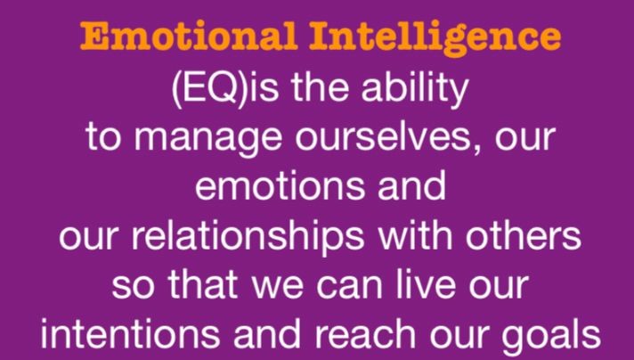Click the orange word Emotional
click(x=190, y=36)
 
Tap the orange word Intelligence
click(x=435, y=39)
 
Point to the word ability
click(x=415, y=89)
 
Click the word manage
click(x=207, y=139)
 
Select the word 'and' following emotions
click(x=411, y=184)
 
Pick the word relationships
click(x=248, y=237)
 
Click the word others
click(x=524, y=234)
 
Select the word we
click(x=278, y=288)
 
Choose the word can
click(x=349, y=288)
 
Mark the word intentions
click(x=129, y=334)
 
